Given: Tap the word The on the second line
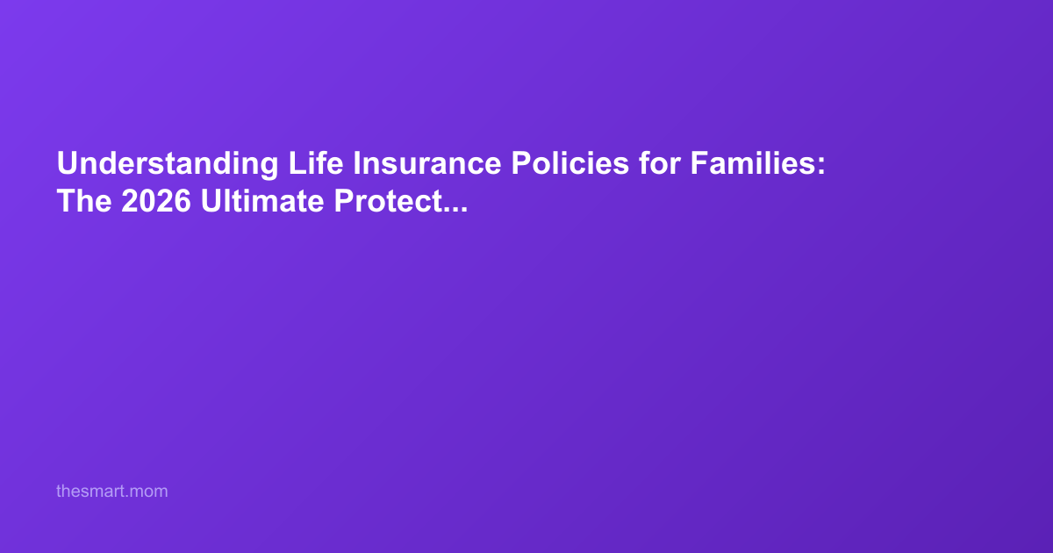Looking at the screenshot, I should tap(84, 202).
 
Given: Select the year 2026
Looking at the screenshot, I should tap(156, 202).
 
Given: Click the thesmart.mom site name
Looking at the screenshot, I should tap(111, 492).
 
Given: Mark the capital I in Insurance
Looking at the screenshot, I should tap(356, 164).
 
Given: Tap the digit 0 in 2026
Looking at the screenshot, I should tap(147, 202).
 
